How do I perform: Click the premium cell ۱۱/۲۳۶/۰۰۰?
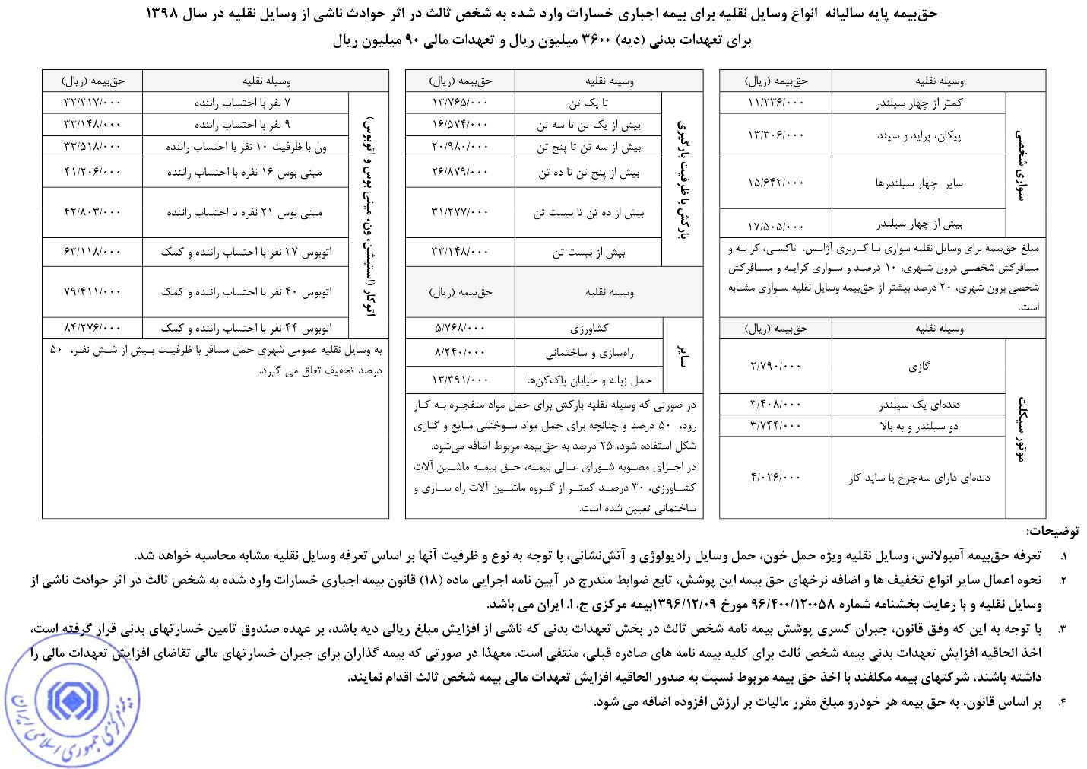pyautogui.click(x=776, y=103)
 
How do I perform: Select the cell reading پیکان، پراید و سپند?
pyautogui.click(x=919, y=135)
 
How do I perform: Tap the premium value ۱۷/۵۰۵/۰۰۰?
pyautogui.click(x=776, y=225)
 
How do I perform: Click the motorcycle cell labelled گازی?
pyautogui.click(x=919, y=367)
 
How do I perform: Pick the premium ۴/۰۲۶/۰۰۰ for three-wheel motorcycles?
pyautogui.click(x=776, y=478)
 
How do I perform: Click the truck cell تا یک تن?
pyautogui.click(x=589, y=103)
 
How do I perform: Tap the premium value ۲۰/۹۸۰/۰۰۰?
pyautogui.click(x=460, y=146)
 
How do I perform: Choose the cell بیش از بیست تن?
pyautogui.click(x=589, y=253)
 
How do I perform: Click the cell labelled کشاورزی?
pyautogui.click(x=589, y=329)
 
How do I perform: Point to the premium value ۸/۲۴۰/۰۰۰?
pyautogui.click(x=460, y=353)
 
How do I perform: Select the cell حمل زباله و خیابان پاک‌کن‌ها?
pyautogui.click(x=589, y=380)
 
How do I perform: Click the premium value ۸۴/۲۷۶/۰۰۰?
pyautogui.click(x=93, y=328)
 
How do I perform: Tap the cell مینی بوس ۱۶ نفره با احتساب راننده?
pyautogui.click(x=245, y=173)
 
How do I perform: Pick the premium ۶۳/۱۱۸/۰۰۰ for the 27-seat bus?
pyautogui.click(x=93, y=252)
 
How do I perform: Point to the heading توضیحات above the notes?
pyautogui.click(x=1052, y=531)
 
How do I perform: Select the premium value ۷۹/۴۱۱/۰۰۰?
pyautogui.click(x=93, y=291)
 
